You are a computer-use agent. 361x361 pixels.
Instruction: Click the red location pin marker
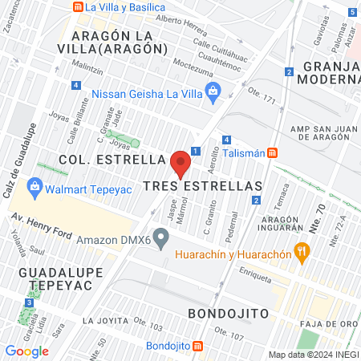pos(180,163)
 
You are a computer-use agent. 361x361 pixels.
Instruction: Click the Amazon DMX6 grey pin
pos(161,237)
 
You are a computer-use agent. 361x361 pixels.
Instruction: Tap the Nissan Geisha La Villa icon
pos(213,93)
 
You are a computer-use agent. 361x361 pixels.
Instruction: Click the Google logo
pos(26,351)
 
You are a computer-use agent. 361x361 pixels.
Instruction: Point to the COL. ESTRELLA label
pos(112,159)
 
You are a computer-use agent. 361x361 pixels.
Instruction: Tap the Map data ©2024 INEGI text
pos(313,355)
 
